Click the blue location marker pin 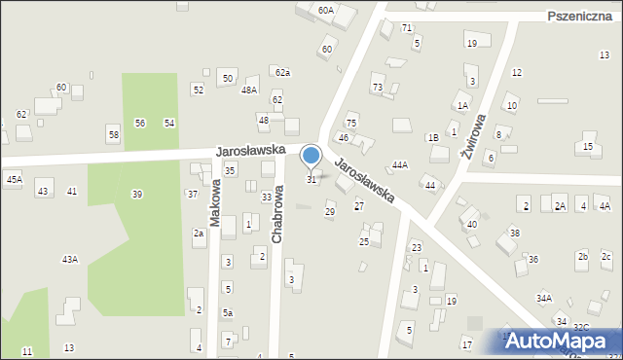[311, 157]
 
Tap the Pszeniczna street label [580, 17]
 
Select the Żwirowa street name [474, 139]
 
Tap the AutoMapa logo [560, 341]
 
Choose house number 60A [326, 10]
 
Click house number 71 [407, 27]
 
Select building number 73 [377, 88]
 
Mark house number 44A [399, 165]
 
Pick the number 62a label [282, 73]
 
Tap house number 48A [249, 90]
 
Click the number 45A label [14, 179]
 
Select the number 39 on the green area [137, 195]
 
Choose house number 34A [543, 299]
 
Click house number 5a [227, 312]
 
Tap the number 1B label [432, 138]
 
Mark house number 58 [114, 134]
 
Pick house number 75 [351, 123]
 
